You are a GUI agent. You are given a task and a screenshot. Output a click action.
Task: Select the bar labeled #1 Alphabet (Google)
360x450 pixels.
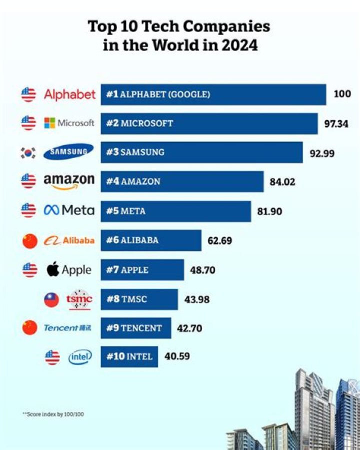(x=213, y=94)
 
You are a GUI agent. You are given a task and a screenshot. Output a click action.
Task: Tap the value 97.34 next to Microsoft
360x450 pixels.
(x=336, y=124)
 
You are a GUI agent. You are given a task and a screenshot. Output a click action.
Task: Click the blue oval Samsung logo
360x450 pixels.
(x=68, y=152)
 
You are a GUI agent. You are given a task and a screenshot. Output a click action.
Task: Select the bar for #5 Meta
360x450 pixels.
(x=175, y=211)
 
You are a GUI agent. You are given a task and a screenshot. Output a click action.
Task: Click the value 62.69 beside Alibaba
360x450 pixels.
(x=219, y=241)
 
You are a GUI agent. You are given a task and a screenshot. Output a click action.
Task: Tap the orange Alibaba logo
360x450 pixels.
(x=69, y=241)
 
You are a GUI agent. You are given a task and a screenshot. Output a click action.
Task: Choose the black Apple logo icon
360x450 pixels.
(x=53, y=270)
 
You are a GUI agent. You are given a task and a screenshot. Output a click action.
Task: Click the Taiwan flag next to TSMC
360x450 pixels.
(x=51, y=299)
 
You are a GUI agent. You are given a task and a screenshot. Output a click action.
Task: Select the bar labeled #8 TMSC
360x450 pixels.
(x=139, y=299)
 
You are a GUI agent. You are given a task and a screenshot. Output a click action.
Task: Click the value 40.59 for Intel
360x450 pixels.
(x=177, y=357)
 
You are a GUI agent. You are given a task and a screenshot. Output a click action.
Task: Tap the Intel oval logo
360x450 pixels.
(x=80, y=357)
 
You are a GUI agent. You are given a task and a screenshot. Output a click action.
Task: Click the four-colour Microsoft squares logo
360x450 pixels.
(x=49, y=123)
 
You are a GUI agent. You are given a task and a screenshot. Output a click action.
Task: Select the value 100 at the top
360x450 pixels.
(x=342, y=94)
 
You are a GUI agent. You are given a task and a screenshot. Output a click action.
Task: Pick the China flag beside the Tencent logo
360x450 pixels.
(x=29, y=328)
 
